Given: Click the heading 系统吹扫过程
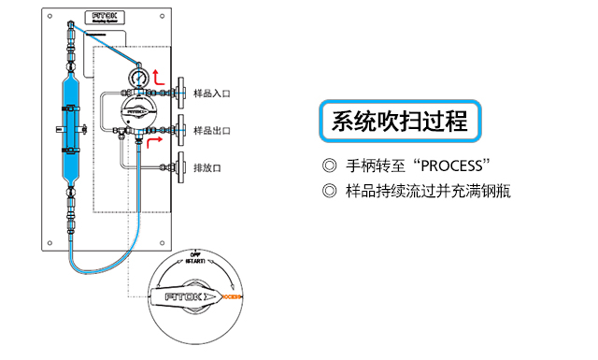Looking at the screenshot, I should pos(400,122).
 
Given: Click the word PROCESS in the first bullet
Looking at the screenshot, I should pos(455,167).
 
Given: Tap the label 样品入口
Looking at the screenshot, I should pos(211,94).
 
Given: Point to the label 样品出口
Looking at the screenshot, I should pos(211,131).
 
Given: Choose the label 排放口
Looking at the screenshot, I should pos(206,168).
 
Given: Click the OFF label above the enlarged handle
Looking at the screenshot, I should pos(195,253).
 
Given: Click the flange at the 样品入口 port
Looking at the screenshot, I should pos(181,94).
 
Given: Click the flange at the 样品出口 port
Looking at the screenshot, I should pos(181,130).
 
